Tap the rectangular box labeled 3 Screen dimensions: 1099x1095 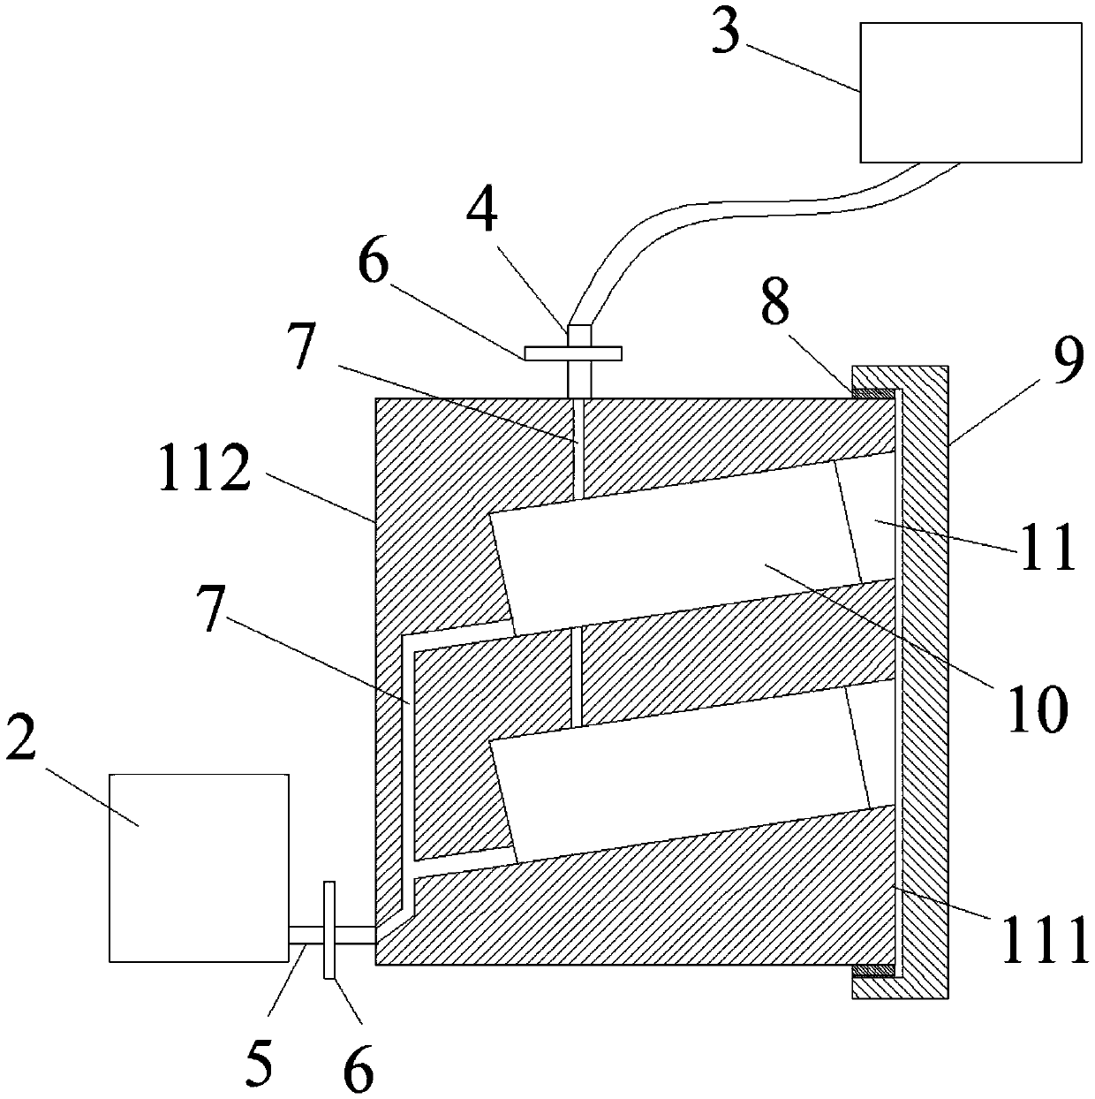pyautogui.click(x=970, y=93)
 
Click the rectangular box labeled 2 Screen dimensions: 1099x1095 pyautogui.click(x=199, y=867)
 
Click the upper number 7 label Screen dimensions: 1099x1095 pyautogui.click(x=302, y=350)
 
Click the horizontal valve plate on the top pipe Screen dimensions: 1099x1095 pyautogui.click(x=573, y=353)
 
